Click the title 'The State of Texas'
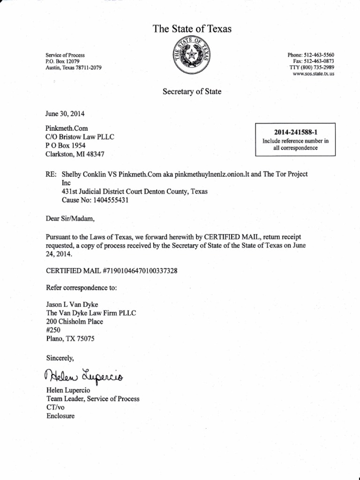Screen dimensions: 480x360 click(x=192, y=30)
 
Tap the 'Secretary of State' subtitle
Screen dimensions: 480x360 click(x=192, y=92)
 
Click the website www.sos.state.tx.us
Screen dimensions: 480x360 click(x=313, y=74)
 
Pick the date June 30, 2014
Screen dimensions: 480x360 click(x=65, y=114)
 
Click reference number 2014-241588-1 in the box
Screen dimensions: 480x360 click(x=289, y=132)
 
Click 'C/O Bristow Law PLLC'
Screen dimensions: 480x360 click(x=80, y=136)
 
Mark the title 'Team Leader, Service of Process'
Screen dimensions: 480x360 click(x=92, y=399)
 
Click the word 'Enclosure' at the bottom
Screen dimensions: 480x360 click(x=60, y=416)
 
